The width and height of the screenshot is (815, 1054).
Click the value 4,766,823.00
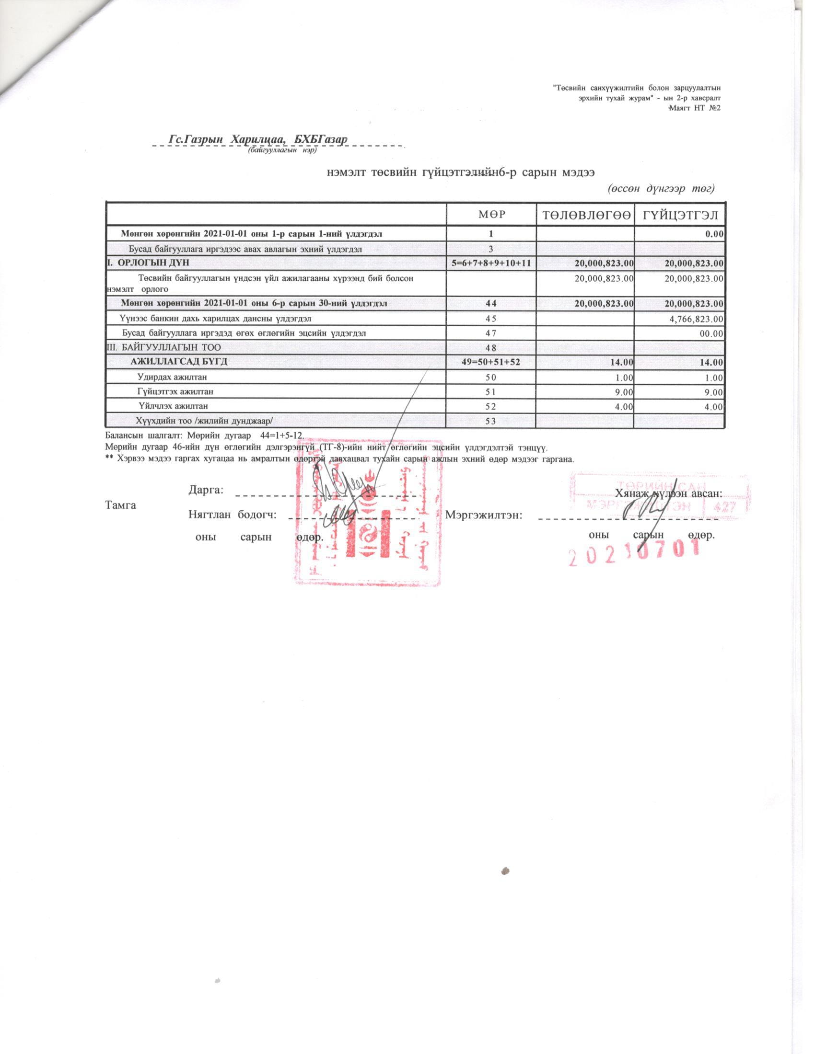694,319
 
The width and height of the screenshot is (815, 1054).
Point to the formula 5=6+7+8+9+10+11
491,263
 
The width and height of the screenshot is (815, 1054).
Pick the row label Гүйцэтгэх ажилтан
175,391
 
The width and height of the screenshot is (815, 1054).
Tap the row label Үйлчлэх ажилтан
174,406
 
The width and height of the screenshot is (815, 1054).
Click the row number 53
491,421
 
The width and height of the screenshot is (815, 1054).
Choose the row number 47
491,333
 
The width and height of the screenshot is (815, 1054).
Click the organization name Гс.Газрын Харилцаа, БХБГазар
258,139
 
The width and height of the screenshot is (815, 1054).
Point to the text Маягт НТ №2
694,107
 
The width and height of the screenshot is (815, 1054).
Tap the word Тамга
120,505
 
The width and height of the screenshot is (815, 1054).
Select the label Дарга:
206,490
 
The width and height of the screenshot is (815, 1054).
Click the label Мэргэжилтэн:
484,515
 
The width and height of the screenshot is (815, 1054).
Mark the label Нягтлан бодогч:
232,515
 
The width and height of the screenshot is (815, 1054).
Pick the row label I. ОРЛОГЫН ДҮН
148,263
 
